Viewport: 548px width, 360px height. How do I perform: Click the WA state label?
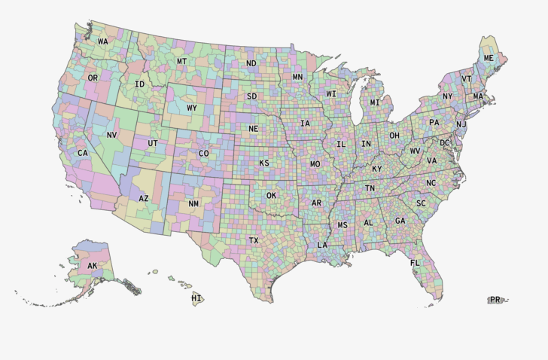point(102,41)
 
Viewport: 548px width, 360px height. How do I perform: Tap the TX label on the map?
point(254,240)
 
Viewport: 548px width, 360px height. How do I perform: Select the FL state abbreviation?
point(415,263)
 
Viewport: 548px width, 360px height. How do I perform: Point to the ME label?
point(489,58)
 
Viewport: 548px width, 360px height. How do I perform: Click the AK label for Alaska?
point(93,266)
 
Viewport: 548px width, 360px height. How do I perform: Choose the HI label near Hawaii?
point(196,298)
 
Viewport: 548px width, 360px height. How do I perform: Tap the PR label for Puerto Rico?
point(495,300)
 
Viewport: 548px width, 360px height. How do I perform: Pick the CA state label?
point(83,153)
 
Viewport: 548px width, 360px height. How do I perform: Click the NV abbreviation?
point(112,135)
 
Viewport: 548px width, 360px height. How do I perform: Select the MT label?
point(182,61)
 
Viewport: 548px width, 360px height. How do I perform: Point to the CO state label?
point(203,153)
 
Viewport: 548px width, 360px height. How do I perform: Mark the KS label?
point(264,163)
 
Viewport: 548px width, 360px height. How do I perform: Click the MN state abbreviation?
point(297,77)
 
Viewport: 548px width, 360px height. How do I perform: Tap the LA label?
point(322,245)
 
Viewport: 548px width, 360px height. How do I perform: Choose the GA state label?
point(400,221)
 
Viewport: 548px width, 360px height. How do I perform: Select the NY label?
point(448,96)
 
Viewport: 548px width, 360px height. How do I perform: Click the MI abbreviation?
point(375,102)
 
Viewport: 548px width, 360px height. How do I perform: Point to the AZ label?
point(144,198)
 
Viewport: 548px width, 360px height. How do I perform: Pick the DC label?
point(444,142)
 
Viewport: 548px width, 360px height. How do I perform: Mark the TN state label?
point(370,188)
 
